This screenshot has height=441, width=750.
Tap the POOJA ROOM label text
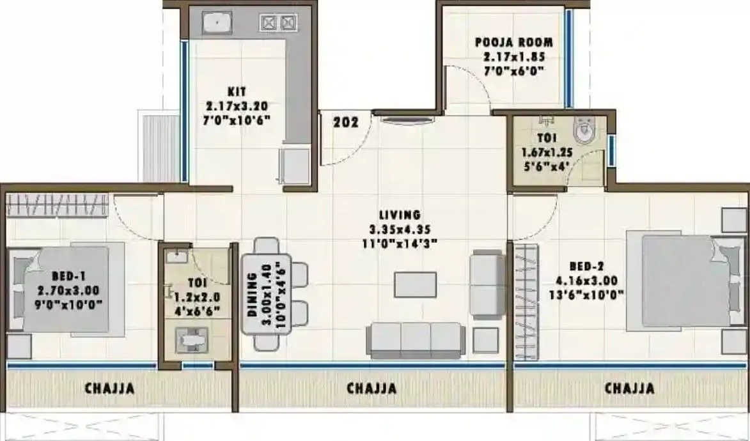(x=513, y=43)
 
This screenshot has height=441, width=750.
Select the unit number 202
(x=345, y=121)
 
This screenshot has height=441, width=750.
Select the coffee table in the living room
(x=415, y=284)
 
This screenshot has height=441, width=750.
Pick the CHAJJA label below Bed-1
(x=109, y=388)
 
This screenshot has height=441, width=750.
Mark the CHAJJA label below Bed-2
(x=629, y=388)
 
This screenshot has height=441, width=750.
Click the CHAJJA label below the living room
(x=371, y=388)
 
